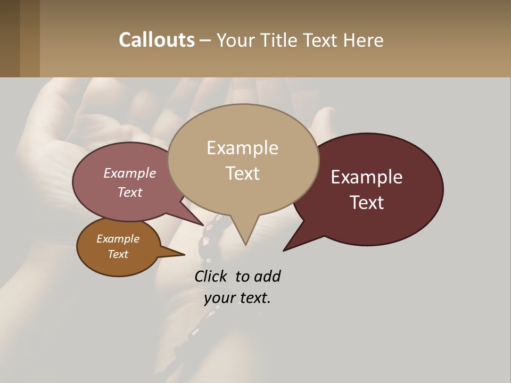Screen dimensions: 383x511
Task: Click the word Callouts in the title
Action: [156, 40]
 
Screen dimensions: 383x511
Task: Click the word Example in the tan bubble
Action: [242, 148]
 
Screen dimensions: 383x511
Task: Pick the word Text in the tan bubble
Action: [242, 173]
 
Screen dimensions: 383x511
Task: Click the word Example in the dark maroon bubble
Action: [367, 177]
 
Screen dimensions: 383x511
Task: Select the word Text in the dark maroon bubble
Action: [367, 203]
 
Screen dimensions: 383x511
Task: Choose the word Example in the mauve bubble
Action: [130, 173]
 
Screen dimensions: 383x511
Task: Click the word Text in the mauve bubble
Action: [130, 192]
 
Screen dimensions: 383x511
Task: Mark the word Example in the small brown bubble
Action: [118, 239]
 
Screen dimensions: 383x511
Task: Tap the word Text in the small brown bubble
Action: [118, 254]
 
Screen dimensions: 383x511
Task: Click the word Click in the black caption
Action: [212, 277]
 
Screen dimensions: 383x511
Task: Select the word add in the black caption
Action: [267, 277]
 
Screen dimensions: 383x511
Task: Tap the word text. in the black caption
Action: [254, 298]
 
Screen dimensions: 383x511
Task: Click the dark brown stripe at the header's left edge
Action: [10, 38]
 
